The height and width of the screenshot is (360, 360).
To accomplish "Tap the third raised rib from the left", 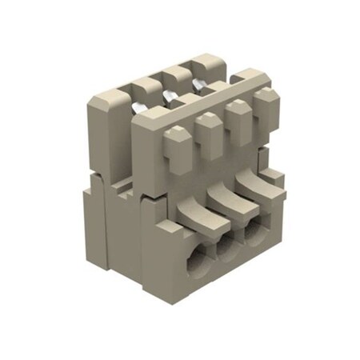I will point(238,118).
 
